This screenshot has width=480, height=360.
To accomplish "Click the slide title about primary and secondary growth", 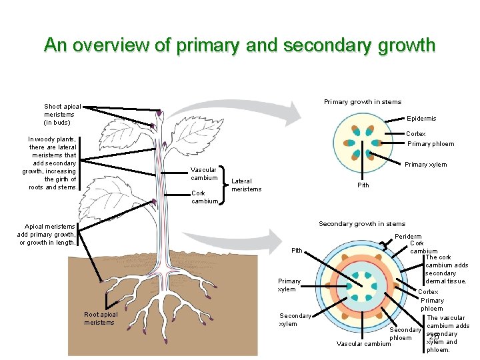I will coord(239,45).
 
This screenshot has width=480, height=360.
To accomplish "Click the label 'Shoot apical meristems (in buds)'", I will coord(63,115).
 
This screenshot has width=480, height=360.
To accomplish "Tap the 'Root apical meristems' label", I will coord(101,319).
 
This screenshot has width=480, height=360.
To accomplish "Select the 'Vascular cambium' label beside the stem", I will coord(204,173).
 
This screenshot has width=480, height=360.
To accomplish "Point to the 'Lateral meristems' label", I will coord(246,185).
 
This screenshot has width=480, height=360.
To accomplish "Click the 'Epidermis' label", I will coord(421,119).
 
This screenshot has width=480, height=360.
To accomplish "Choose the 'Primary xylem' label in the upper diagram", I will coord(425,165).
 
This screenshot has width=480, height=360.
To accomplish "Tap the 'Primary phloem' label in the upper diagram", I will coord(430,144).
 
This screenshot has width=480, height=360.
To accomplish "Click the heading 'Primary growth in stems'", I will coord(362,102).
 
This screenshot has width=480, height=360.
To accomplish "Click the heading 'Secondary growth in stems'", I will coord(361,224).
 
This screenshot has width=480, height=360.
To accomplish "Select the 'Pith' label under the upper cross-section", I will coord(363,185).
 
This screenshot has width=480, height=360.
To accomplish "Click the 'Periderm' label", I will coord(408,236).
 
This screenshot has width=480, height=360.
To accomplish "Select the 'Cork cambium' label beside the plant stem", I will coord(204,197).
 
